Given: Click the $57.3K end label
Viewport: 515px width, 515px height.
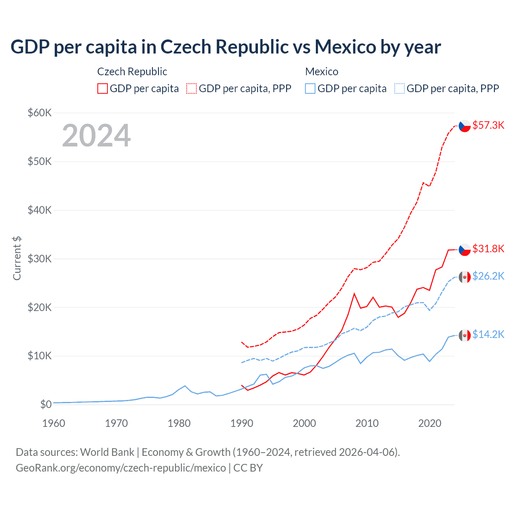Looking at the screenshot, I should [x=488, y=125].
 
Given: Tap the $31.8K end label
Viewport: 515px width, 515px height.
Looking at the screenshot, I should [x=488, y=249].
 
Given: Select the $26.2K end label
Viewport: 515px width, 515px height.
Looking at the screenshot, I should [x=488, y=276].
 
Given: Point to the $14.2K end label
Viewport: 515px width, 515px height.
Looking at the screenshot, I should [x=488, y=334].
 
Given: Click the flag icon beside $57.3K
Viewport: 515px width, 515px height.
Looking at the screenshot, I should [x=465, y=126].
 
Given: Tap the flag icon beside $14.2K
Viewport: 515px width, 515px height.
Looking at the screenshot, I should [x=465, y=335].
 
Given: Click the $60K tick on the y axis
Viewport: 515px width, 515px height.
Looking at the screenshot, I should [x=39, y=113].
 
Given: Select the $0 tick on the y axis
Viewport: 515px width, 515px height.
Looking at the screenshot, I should [x=46, y=404].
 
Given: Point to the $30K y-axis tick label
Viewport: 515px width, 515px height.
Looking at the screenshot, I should [x=39, y=259].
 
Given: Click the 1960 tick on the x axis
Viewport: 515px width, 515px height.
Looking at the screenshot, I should [x=54, y=423].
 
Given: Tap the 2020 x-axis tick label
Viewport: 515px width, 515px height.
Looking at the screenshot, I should [x=430, y=423].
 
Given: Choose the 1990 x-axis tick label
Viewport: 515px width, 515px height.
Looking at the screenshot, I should [x=242, y=423].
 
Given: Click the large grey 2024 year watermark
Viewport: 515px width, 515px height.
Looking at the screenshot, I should [x=96, y=136].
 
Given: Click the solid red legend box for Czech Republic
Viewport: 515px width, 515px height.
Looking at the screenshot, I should [x=103, y=89].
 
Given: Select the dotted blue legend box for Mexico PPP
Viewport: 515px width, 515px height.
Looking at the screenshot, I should [x=400, y=89].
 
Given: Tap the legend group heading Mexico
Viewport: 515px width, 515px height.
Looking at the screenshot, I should [x=321, y=72].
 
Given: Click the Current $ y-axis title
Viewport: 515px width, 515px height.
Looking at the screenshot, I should [x=17, y=258].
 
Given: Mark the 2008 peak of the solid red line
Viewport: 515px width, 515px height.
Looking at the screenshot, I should [x=354, y=294].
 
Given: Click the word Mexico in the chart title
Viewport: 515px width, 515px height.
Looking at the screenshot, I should [x=345, y=47].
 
